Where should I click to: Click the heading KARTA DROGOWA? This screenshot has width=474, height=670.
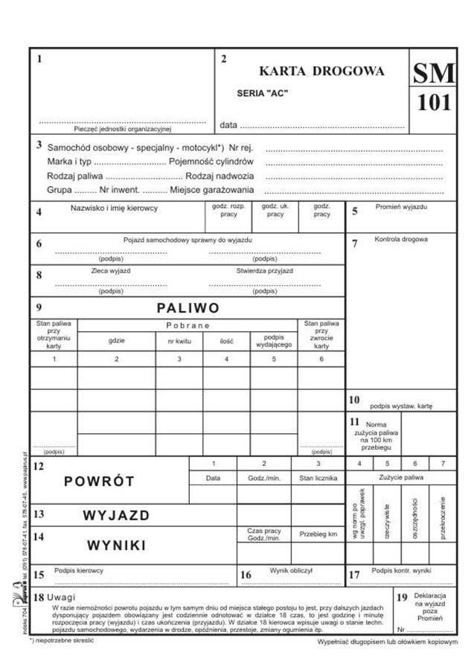[x=321, y=71]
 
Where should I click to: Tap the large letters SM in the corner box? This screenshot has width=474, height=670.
[x=433, y=72]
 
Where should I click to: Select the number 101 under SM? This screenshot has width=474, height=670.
[x=433, y=103]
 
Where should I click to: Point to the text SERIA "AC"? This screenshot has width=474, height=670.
[x=262, y=93]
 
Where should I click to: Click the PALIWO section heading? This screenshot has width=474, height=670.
[x=188, y=307]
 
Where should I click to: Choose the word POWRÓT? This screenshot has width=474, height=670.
[x=99, y=481]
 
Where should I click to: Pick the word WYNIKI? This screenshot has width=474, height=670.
[x=116, y=545]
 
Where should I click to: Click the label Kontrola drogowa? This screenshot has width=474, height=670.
[x=400, y=240]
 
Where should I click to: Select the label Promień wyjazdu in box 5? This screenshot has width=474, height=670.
[x=401, y=207]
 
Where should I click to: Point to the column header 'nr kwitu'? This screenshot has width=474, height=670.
[x=179, y=340]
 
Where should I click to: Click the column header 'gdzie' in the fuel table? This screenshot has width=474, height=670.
[x=115, y=340]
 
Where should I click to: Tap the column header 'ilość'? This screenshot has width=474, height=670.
[x=226, y=340]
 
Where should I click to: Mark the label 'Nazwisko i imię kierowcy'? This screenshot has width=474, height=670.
[x=114, y=208]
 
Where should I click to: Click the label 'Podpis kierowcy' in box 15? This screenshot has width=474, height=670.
[x=79, y=570]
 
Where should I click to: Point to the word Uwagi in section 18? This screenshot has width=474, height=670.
[x=65, y=598]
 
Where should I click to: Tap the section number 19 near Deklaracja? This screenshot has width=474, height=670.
[x=402, y=598]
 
